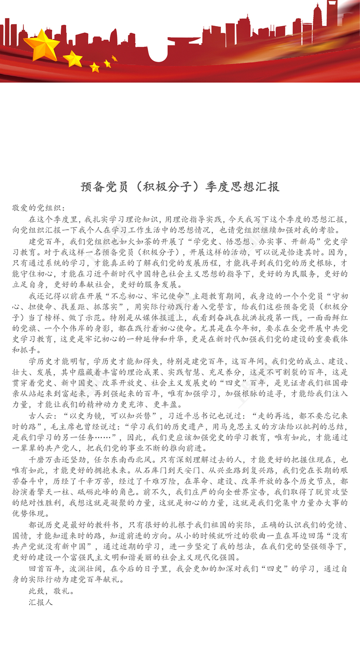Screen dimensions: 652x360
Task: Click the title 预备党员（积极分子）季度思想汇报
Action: pyautogui.click(x=180, y=186)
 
